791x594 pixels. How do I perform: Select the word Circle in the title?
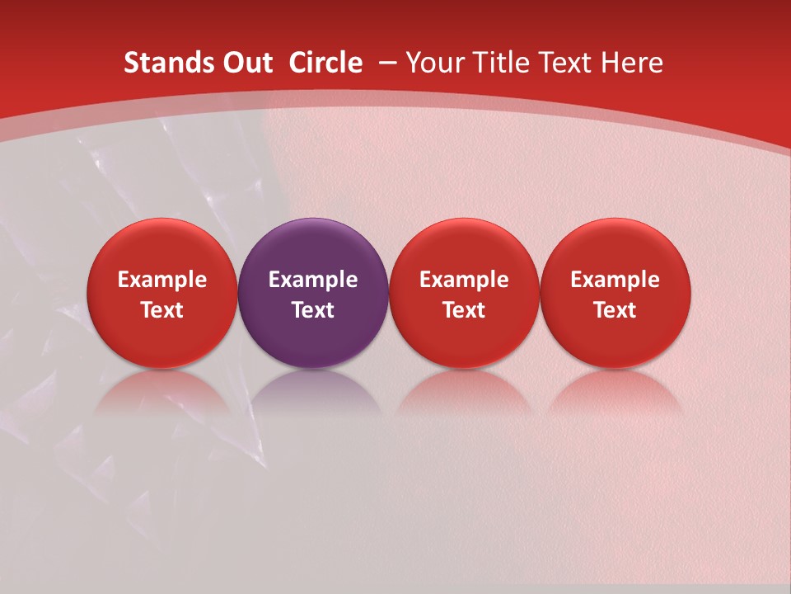coord(325,63)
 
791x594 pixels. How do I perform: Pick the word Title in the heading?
coord(503,63)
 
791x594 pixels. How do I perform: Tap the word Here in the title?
coord(632,63)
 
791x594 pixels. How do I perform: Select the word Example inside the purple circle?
coord(313,280)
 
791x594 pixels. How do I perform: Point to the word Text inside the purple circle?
coord(313,310)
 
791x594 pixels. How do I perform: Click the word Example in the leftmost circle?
coord(161,280)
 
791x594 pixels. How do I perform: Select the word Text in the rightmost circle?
coord(615,310)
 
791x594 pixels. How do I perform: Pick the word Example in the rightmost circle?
coord(615,280)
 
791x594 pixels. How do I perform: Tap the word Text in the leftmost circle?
coord(161,310)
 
